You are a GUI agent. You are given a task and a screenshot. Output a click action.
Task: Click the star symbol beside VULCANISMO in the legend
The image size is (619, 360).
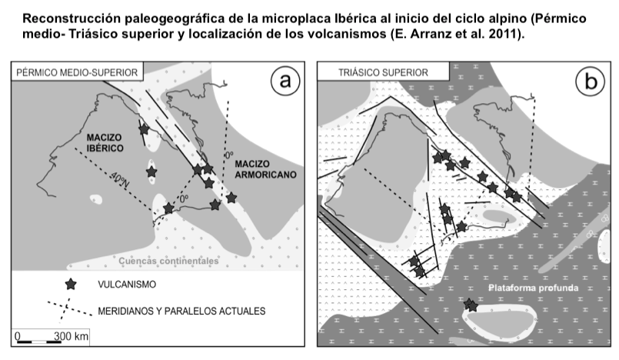pos(71,284)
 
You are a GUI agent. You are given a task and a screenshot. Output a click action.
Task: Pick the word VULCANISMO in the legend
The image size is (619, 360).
pos(127,285)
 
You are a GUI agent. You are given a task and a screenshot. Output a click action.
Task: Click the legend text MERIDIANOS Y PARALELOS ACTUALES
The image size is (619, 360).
pos(181,312)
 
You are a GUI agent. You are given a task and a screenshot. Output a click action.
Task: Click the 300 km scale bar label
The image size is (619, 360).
pos(71,336)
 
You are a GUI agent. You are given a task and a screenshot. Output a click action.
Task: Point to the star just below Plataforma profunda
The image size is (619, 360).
pos(471,305)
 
